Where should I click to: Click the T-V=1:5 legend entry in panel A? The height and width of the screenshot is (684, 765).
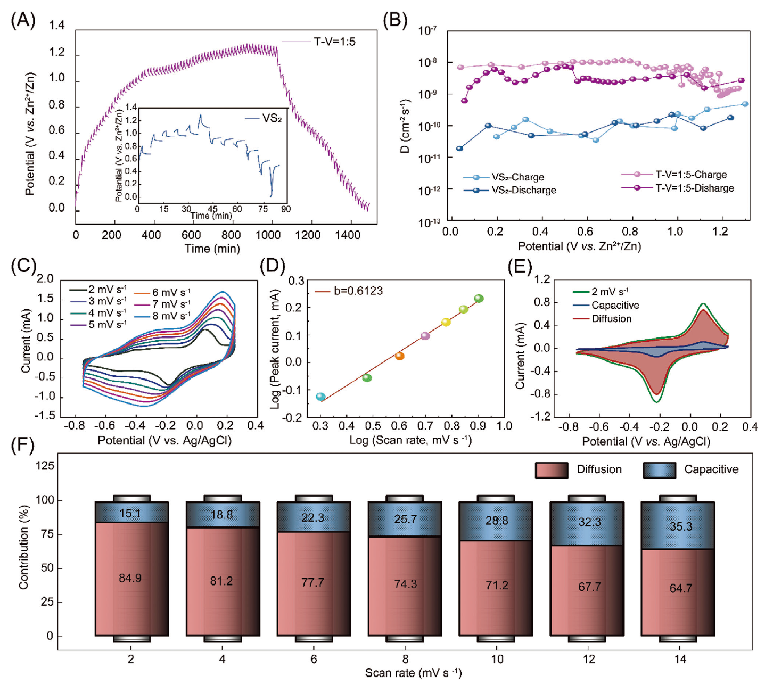coord(334,42)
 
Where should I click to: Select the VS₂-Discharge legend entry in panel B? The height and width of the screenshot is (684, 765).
coord(523,191)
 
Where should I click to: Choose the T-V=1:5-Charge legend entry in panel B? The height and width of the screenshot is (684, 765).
coord(690,175)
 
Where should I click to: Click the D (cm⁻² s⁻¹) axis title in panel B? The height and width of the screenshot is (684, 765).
coord(405,126)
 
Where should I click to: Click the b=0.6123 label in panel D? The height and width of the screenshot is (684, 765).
coord(358,291)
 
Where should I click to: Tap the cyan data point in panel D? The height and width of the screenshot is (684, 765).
coord(320,397)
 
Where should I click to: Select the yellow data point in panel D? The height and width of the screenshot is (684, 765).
coord(446,322)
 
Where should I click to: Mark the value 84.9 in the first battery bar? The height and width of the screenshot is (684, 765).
coord(130,578)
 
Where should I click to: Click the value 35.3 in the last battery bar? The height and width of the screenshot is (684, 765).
coord(681,526)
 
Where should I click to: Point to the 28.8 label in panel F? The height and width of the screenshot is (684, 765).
coord(497,521)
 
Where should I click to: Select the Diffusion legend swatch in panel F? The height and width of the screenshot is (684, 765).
coord(552,470)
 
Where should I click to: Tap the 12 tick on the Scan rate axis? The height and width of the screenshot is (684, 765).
coord(589,659)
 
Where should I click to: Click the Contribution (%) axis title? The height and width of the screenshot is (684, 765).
coord(23,550)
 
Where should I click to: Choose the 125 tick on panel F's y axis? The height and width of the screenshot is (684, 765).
coord(45,466)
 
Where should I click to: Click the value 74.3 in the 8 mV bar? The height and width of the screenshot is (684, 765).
coord(405,584)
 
